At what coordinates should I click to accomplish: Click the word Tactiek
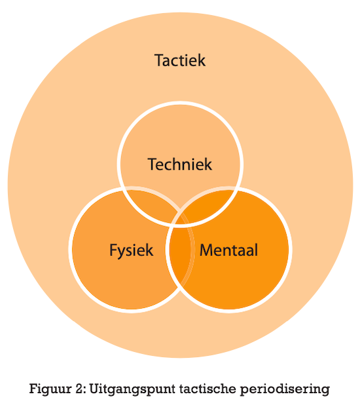point(180,60)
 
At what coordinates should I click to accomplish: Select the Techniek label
point(180,164)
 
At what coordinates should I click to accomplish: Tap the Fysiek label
point(132,250)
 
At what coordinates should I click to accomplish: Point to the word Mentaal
point(229,250)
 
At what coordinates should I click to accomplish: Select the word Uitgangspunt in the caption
point(132,389)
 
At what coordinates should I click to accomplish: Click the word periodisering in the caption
point(285,389)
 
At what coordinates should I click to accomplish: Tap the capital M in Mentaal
point(206,250)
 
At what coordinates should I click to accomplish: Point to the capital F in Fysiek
point(113,250)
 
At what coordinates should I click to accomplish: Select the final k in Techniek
point(209,164)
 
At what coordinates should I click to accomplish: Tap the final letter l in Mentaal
point(257,250)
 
